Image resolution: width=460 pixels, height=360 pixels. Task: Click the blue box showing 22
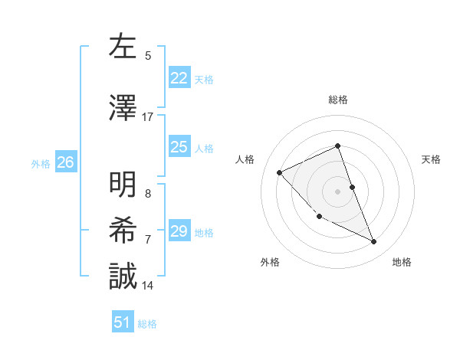[x=179, y=78]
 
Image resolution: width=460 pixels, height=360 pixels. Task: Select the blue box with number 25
[x=179, y=147]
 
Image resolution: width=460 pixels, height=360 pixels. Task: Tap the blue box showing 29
[x=179, y=231]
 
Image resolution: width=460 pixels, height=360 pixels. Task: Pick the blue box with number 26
[x=66, y=162]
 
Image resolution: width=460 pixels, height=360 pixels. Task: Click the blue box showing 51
[x=123, y=322]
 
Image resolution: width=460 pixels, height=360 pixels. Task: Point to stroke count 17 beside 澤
[x=147, y=117]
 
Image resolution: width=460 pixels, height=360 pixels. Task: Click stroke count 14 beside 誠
[x=147, y=286]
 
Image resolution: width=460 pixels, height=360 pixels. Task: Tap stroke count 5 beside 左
[x=148, y=55]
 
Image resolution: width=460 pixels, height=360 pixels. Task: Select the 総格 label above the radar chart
[x=338, y=100]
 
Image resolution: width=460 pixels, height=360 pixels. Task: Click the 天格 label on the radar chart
[x=431, y=159]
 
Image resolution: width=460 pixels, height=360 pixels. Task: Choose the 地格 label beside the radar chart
[x=402, y=262]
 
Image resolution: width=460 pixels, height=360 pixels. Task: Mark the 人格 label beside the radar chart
[x=245, y=159]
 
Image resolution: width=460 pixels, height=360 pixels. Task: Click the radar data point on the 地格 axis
[x=374, y=242]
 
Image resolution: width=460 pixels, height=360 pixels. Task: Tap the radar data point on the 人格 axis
[x=280, y=172]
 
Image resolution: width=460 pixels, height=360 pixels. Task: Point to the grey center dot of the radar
[x=338, y=191]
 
